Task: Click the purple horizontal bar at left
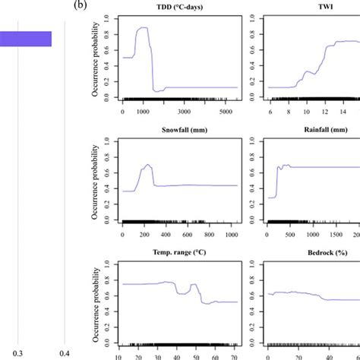(25, 39)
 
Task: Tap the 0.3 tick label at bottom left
(21, 352)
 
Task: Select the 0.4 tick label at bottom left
(65, 352)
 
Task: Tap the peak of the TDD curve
(141, 28)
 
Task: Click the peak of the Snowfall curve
(147, 165)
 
